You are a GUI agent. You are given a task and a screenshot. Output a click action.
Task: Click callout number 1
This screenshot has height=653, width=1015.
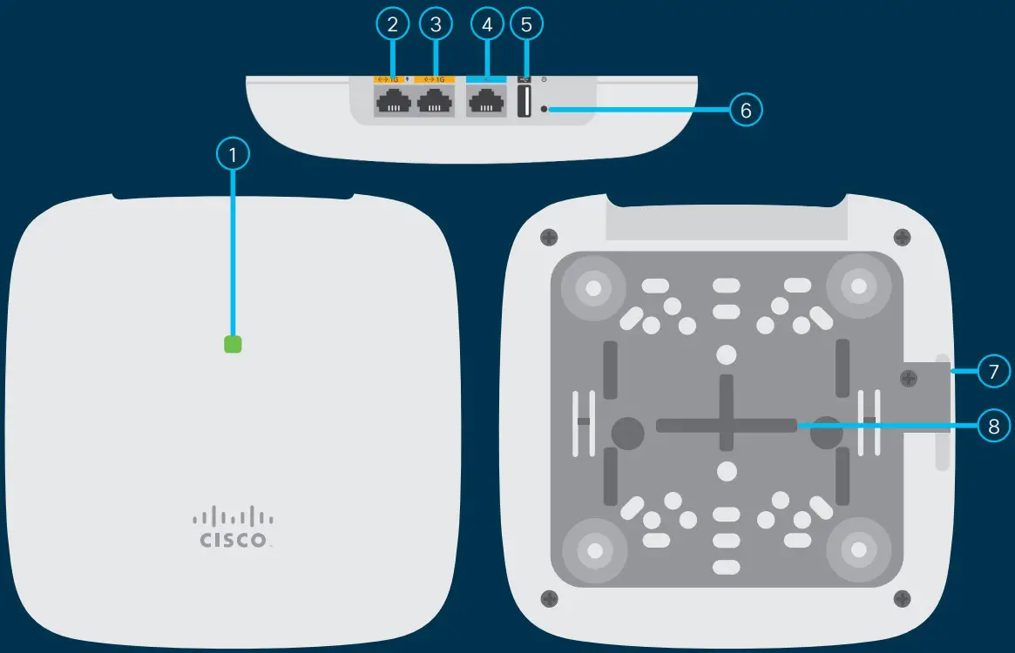click(x=233, y=155)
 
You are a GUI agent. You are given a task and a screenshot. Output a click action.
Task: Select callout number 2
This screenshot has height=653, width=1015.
click(x=393, y=24)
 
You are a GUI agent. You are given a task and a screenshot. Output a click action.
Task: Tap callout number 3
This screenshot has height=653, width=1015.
click(x=436, y=24)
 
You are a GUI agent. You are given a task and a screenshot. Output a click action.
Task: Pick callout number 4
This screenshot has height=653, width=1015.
click(x=487, y=24)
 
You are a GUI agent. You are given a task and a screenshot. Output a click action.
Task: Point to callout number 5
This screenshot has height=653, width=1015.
click(x=525, y=24)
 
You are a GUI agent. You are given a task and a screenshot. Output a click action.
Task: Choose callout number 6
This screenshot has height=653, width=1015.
click(x=745, y=110)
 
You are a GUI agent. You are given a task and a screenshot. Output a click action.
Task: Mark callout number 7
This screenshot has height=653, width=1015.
click(x=993, y=372)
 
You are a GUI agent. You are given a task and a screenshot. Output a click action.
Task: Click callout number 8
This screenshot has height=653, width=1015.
click(x=993, y=425)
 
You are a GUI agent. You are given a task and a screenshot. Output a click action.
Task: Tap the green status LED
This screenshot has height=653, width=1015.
click(x=233, y=345)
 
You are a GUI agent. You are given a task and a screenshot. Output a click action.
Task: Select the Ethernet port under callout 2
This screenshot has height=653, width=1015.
click(x=392, y=104)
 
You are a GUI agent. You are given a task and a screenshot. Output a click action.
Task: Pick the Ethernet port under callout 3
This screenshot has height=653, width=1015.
click(x=435, y=104)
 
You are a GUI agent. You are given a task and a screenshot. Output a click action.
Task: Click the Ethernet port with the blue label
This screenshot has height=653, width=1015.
click(x=486, y=104)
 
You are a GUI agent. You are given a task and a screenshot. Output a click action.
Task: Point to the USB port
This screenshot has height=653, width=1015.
click(x=524, y=103)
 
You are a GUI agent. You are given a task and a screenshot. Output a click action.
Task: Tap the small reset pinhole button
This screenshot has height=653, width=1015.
click(x=545, y=110)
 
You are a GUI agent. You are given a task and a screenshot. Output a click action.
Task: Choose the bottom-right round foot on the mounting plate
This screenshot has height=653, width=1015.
click(x=858, y=550)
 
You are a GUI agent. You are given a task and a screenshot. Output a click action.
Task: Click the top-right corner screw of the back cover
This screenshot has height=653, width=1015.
click(x=903, y=237)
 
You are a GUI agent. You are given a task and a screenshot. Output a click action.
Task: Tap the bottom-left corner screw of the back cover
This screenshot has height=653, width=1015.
click(x=549, y=598)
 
